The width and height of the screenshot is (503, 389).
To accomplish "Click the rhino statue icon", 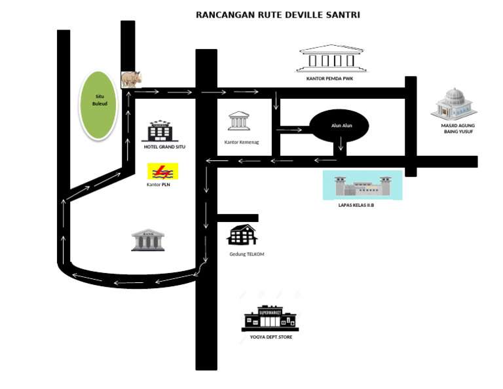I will (131, 79).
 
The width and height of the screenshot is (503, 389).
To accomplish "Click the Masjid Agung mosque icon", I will (455, 104).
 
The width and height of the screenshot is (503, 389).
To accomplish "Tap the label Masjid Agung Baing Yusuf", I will (456, 128).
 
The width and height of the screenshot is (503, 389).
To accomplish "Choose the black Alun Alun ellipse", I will (339, 125).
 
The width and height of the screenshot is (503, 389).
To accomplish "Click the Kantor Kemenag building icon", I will (238, 121).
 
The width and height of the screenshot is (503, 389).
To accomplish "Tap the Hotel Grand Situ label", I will (164, 147).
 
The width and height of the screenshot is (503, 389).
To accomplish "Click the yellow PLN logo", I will (162, 172).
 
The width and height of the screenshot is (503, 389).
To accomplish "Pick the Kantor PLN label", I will (159, 185).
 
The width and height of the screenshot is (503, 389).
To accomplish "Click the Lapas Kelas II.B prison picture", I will (362, 185).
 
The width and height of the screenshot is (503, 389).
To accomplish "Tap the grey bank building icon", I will (148, 240).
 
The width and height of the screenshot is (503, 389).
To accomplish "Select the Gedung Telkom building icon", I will (242, 235).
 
